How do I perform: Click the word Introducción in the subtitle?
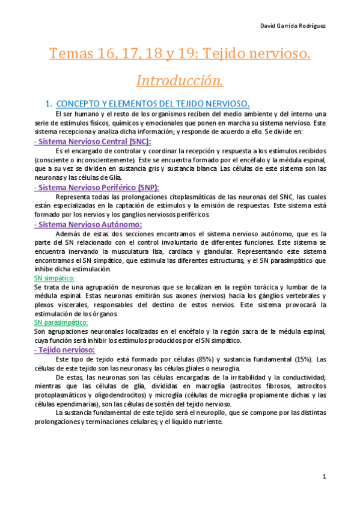tap(180, 80)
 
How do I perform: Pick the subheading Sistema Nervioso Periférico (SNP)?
tap(97, 188)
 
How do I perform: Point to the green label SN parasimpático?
tap(61, 323)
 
